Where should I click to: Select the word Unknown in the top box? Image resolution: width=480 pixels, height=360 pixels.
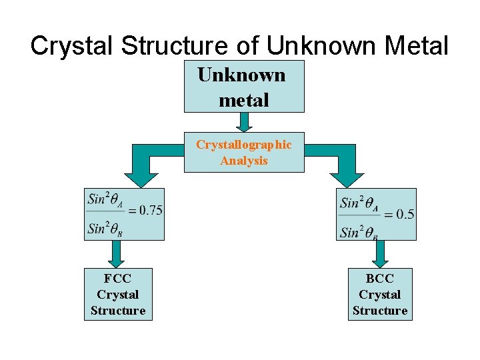click(241, 75)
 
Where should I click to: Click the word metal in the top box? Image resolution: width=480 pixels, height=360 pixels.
click(243, 100)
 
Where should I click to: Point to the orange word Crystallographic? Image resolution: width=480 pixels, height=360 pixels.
click(243, 145)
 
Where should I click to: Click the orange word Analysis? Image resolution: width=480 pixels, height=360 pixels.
click(243, 161)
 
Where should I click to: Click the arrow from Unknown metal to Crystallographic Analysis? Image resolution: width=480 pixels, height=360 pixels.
click(244, 121)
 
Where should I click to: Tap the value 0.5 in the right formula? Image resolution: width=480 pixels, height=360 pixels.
click(404, 214)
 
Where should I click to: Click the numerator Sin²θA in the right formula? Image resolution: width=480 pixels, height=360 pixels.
click(359, 203)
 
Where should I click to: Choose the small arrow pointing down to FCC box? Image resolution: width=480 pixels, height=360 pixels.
click(117, 254)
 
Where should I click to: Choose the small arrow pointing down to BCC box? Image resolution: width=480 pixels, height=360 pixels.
click(381, 254)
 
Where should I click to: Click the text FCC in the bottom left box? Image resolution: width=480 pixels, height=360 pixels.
click(117, 279)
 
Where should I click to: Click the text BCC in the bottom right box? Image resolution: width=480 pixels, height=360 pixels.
click(380, 279)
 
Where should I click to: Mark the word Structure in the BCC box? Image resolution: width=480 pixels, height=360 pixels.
click(380, 311)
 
